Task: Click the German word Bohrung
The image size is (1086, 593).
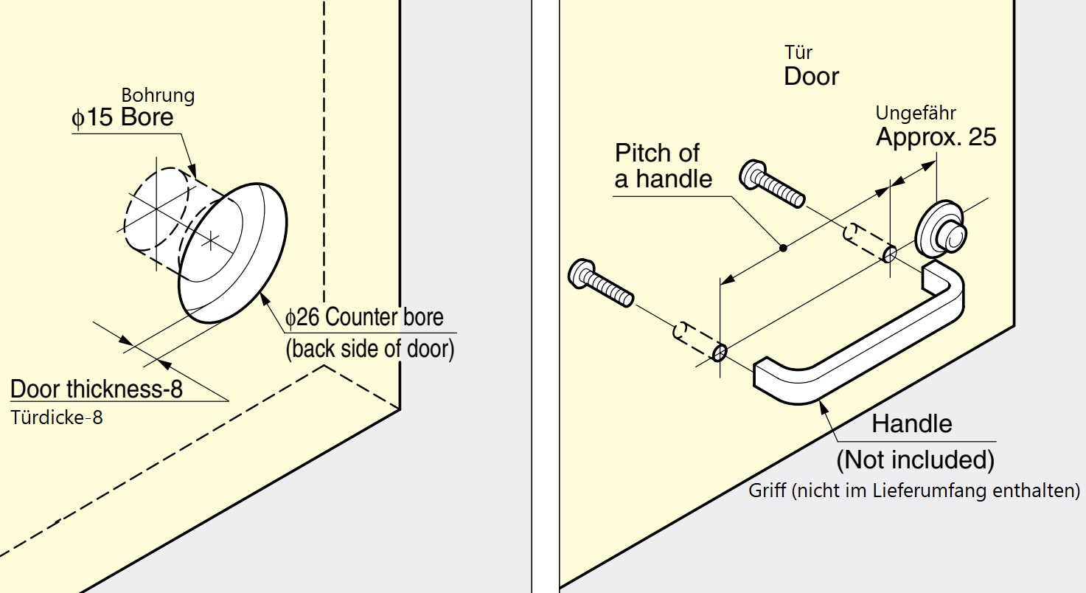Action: pyautogui.click(x=158, y=95)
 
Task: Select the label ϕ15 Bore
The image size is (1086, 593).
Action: pyautogui.click(x=122, y=118)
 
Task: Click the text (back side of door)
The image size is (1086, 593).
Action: pyautogui.click(x=370, y=348)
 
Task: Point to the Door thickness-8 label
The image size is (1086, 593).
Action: pyautogui.click(x=97, y=389)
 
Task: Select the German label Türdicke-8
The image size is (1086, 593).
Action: pyautogui.click(x=57, y=417)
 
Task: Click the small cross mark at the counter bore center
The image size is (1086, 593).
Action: pyautogui.click(x=212, y=240)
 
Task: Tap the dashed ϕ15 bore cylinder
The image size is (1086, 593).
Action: pyautogui.click(x=156, y=212)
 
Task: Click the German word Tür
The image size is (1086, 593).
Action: pyautogui.click(x=799, y=52)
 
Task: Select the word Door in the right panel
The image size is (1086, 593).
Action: pyautogui.click(x=811, y=76)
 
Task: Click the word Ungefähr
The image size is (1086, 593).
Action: pyautogui.click(x=916, y=113)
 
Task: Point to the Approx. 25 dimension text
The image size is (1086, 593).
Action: pyautogui.click(x=936, y=137)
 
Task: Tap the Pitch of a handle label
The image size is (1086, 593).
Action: pyautogui.click(x=663, y=166)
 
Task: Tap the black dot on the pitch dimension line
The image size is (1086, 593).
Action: pyautogui.click(x=784, y=248)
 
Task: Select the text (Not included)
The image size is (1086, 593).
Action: pyautogui.click(x=915, y=460)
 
